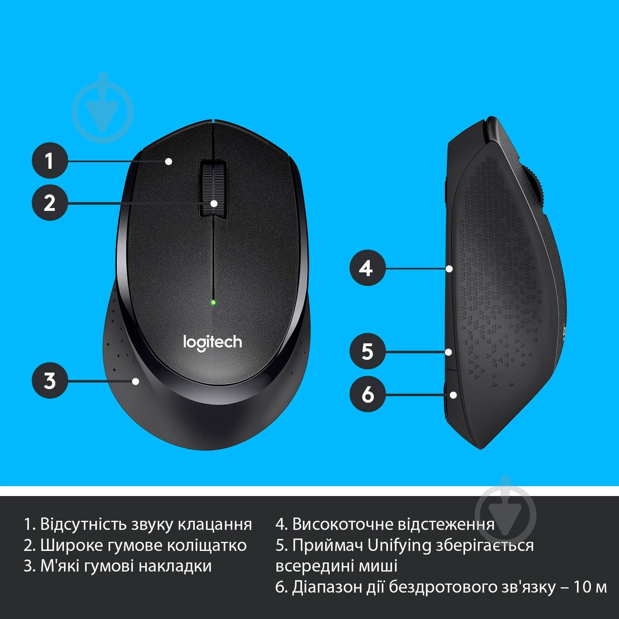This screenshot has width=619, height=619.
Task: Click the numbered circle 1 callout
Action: [50, 161]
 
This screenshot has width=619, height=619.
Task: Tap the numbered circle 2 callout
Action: [50, 203]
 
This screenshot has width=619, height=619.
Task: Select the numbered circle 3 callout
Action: [50, 380]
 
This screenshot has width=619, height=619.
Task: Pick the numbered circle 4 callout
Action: [367, 268]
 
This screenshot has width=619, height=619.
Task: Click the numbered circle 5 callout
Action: [367, 352]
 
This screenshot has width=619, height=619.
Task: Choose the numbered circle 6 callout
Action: [367, 394]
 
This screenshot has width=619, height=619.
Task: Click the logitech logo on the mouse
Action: [213, 343]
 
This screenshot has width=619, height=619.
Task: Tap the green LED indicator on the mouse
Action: [213, 302]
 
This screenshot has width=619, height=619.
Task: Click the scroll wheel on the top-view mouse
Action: [213, 188]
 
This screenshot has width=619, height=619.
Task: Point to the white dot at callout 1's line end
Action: [168, 161]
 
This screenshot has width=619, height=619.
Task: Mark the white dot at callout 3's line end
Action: [135, 381]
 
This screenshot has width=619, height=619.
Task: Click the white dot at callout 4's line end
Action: [449, 269]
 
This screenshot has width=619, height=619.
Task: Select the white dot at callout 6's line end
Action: [453, 395]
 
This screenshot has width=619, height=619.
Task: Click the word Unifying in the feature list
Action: [399, 545]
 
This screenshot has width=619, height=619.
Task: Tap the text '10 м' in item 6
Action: [590, 587]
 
